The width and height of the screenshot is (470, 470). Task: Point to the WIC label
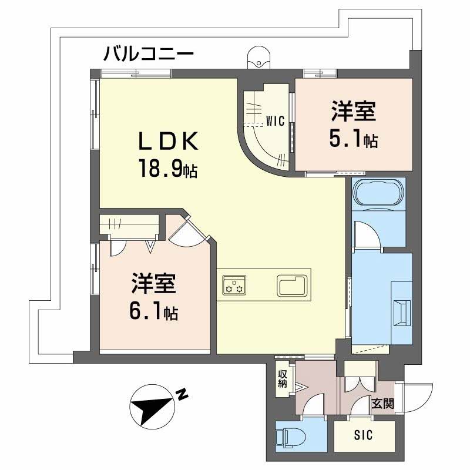[x=275, y=122]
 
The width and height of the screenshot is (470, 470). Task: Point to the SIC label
[x=362, y=437]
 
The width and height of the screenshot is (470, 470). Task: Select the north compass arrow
[x=154, y=407]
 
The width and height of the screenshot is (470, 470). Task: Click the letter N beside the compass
[x=183, y=395]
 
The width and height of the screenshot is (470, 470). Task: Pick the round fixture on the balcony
[x=258, y=57]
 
